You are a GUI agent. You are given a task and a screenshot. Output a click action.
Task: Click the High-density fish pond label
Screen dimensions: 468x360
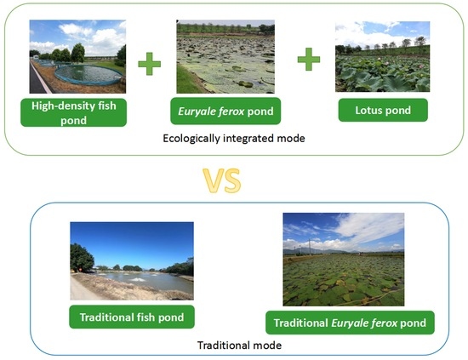73,112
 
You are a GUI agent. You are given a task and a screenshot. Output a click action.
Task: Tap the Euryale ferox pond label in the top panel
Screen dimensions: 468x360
225,111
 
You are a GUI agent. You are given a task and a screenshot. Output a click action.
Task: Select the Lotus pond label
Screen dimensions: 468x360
383,110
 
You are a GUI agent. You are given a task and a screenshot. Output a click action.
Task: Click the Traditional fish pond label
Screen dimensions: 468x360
132,317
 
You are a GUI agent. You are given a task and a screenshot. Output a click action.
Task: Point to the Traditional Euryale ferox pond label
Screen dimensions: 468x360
350,323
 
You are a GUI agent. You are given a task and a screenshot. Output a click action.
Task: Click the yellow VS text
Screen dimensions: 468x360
222,180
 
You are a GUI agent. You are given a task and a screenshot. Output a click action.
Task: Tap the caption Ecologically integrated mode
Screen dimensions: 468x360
234,139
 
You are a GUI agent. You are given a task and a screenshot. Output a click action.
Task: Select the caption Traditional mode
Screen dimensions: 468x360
239,346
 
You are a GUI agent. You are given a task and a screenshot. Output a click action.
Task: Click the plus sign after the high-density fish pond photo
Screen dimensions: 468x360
149,64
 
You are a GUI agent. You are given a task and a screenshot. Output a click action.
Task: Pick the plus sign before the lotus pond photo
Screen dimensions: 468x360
309,59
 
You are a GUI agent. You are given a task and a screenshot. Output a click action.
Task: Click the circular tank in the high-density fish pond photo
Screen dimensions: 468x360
88,75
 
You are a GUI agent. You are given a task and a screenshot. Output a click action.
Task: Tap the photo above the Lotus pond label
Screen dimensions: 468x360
382,56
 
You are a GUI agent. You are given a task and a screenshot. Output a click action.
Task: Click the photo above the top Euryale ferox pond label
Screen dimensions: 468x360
225,57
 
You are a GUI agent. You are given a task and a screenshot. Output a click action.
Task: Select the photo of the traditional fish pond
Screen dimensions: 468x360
132,261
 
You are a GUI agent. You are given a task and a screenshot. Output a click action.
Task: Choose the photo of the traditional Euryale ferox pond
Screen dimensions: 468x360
344,260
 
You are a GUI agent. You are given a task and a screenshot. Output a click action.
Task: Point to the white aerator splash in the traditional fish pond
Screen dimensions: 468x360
137,280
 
